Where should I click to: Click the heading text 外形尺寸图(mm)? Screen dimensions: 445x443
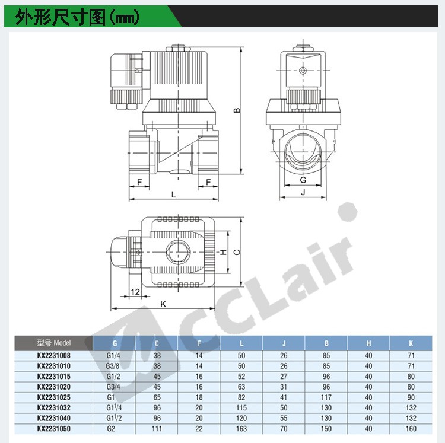[77, 17]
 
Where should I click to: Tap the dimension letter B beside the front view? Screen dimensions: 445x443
[237, 110]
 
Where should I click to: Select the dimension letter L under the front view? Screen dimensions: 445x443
[174, 195]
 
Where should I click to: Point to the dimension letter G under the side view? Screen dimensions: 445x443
[303, 180]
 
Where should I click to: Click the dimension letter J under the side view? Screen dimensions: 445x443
[303, 192]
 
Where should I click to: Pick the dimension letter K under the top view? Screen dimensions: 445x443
[163, 304]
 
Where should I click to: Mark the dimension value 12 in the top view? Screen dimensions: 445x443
[135, 292]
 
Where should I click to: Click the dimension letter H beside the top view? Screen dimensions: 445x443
[224, 252]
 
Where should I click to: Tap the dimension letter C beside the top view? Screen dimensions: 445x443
[236, 252]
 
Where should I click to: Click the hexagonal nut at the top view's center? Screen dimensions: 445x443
[178, 252]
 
